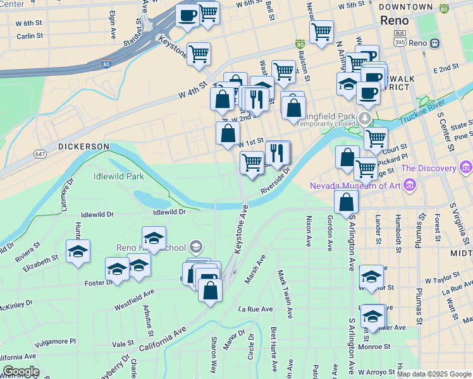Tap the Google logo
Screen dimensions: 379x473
(21, 371)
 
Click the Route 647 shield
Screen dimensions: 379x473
(41, 153)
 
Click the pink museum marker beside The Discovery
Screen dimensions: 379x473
(467, 168)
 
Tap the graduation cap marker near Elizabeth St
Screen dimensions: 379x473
(78, 251)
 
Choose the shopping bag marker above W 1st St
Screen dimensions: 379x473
(228, 133)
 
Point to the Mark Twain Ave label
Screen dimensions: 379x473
(286, 289)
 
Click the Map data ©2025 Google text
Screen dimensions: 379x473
(434, 374)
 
